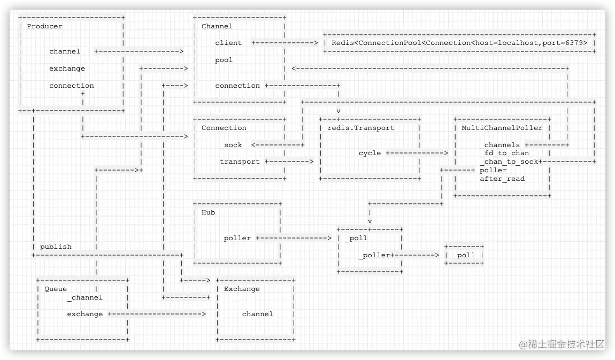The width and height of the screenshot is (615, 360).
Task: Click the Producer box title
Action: click(x=44, y=26)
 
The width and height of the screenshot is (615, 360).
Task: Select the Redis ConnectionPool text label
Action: click(x=459, y=43)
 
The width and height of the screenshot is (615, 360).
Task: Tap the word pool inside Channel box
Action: click(x=224, y=60)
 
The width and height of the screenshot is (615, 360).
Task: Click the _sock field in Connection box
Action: click(x=231, y=145)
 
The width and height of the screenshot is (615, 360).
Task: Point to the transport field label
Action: click(x=240, y=162)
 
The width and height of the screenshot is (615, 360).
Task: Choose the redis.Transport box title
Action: click(x=361, y=128)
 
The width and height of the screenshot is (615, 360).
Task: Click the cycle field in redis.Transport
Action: click(x=370, y=153)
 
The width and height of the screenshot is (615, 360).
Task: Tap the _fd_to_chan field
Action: click(x=504, y=153)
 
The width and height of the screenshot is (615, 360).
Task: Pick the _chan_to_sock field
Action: click(x=509, y=162)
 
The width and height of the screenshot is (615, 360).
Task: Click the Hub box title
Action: click(x=209, y=212)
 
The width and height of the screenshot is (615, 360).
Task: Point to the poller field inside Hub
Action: click(x=237, y=238)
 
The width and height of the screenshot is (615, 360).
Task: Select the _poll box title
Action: click(x=356, y=238)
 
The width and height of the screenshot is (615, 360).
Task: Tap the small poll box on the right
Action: click(x=466, y=255)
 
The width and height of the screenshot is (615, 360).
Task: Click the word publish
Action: click(x=56, y=247)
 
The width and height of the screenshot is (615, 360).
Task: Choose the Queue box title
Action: click(x=56, y=289)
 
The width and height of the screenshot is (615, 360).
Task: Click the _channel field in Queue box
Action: click(x=84, y=297)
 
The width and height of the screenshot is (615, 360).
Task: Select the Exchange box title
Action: click(x=242, y=289)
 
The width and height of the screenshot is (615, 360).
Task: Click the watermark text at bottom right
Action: click(x=562, y=343)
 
